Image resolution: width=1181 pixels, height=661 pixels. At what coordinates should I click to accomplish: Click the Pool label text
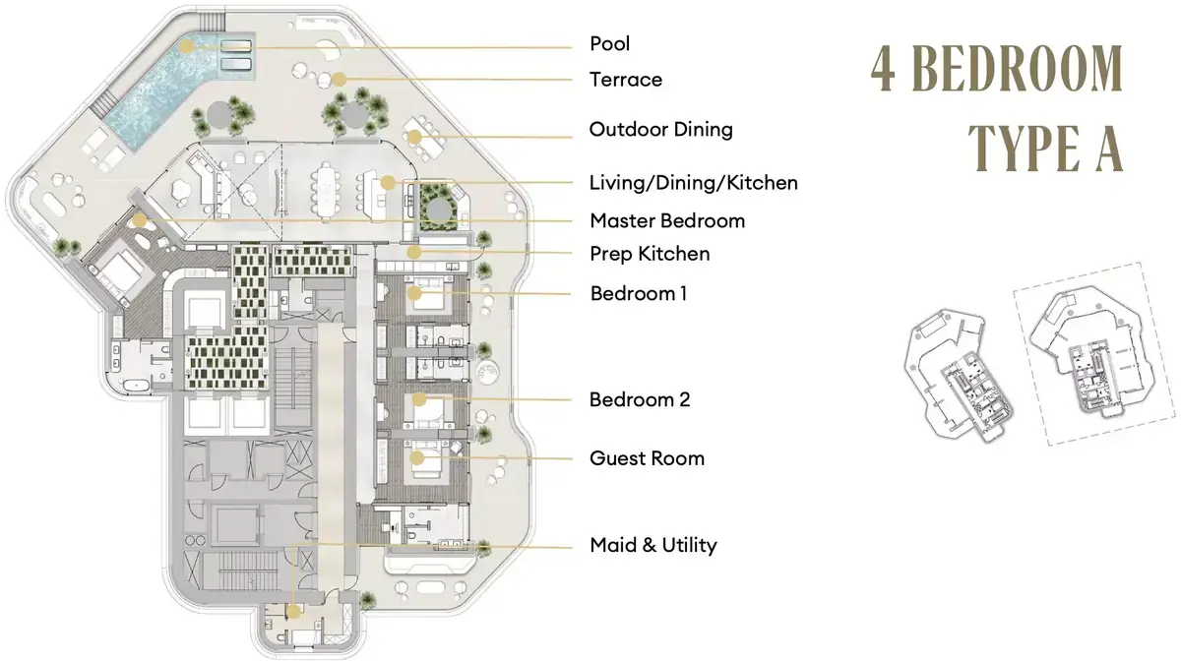pos(609,43)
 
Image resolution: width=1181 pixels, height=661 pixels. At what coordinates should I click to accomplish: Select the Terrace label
pos(626,80)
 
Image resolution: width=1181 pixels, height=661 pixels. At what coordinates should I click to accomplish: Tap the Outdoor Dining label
pos(661,129)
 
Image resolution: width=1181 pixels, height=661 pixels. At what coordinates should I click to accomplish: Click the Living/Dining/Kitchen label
pos(693,183)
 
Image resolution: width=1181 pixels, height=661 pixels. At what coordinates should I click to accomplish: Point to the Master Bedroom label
pos(667,221)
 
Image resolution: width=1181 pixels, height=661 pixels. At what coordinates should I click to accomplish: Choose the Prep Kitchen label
pos(650,254)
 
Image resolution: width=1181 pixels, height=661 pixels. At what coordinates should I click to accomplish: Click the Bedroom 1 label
pos(639,293)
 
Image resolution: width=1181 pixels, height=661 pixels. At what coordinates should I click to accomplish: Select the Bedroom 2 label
pos(640,399)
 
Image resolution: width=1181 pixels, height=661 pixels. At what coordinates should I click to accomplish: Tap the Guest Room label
pos(647,458)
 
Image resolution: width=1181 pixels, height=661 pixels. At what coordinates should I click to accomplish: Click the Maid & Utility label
pos(653,545)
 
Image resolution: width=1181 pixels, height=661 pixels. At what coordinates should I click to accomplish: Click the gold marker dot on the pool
pos(186,46)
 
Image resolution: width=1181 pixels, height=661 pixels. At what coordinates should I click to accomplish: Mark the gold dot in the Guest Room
pos(417,458)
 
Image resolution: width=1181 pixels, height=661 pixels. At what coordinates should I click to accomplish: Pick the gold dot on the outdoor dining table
pos(414,137)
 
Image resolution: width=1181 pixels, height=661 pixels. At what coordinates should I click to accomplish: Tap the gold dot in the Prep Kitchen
pos(414,253)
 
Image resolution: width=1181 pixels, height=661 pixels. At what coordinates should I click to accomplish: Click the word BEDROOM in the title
pos(1018,69)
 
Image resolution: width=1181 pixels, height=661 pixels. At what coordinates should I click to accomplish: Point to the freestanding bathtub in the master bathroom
pos(137,386)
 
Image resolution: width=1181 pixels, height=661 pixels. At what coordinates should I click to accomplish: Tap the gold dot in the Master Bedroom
pos(139,221)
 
